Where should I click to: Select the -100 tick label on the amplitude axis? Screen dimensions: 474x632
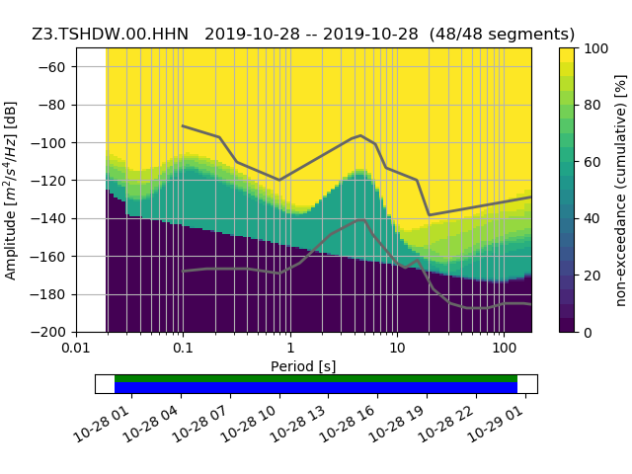51,142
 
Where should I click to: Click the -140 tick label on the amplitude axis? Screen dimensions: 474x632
51,218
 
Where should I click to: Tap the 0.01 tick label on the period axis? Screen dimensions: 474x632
76,348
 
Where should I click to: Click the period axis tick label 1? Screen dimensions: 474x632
290,348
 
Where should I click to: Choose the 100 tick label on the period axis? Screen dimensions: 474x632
504,348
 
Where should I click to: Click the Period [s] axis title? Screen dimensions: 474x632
303,366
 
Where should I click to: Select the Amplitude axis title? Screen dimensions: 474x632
11,190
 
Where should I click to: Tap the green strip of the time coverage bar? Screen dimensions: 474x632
316,378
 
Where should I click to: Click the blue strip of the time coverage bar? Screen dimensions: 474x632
316,388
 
